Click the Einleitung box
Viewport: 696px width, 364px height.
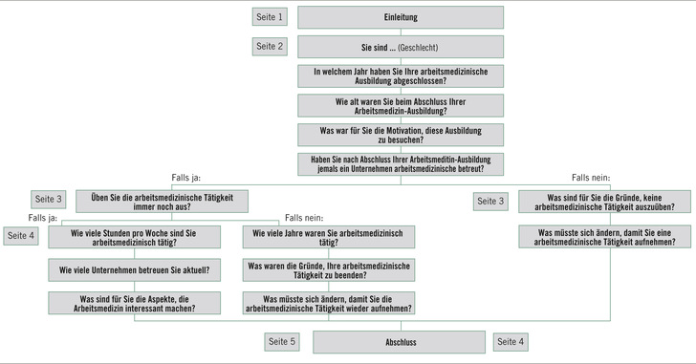[401, 17]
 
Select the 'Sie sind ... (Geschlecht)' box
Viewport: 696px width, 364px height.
[401, 46]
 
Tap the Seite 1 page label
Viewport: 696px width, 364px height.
[270, 17]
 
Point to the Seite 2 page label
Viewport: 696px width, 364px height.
[270, 46]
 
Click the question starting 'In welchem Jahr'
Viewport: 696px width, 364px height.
[401, 75]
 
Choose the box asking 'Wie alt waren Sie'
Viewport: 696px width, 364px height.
[401, 104]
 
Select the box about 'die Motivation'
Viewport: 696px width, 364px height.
[401, 134]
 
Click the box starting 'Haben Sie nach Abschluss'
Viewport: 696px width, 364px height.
[401, 163]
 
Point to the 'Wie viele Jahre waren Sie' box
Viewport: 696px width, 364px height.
[329, 236]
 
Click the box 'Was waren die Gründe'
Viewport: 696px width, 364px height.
[329, 271]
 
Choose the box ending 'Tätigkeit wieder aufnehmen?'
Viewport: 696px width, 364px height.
[329, 303]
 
